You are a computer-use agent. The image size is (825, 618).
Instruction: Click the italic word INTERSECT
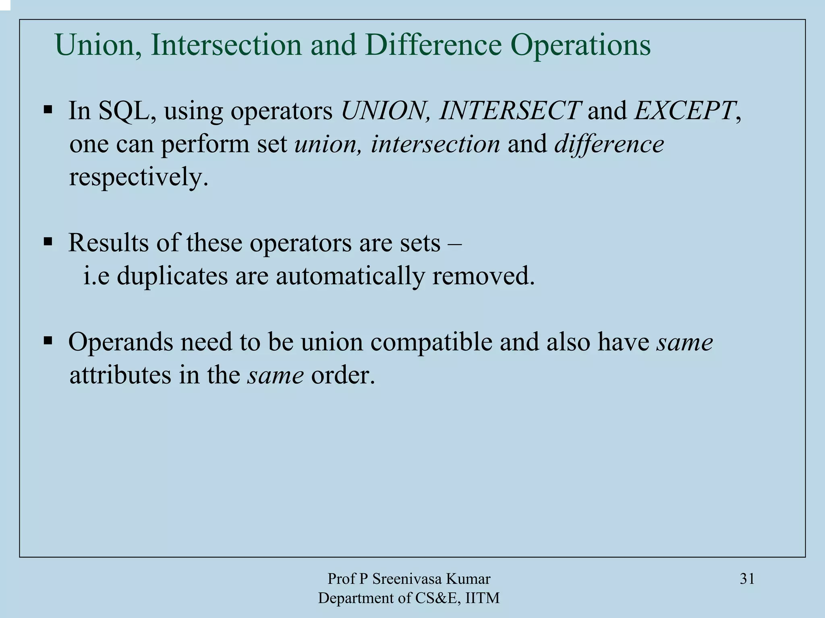pos(510,110)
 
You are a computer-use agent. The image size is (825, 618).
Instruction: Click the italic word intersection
pos(435,144)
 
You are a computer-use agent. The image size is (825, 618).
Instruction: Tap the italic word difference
pos(609,145)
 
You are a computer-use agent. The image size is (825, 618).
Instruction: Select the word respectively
pos(139,177)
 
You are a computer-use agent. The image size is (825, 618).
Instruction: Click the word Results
pos(108,243)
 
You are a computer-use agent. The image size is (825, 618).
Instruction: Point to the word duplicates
pos(172,276)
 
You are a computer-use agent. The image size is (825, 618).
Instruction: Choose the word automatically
pos(350,277)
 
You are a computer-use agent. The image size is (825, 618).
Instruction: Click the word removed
pos(483,276)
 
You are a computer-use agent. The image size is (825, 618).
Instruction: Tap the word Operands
pos(120,342)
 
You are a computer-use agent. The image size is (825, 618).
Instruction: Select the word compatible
pos(431,342)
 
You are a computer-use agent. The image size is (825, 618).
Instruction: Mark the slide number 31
pos(747,579)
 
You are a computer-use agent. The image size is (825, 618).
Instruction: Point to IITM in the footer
pos(482,598)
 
